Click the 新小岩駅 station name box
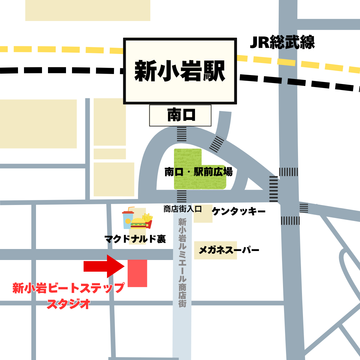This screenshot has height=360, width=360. pyautogui.click(x=180, y=71)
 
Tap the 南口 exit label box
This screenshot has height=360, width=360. pyautogui.click(x=180, y=115)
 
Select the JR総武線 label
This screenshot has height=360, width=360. pyautogui.click(x=282, y=42)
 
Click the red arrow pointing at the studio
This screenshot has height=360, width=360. pyautogui.click(x=104, y=266)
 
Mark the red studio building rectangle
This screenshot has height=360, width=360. pyautogui.click(x=137, y=273)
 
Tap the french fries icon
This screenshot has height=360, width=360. pyautogui.click(x=148, y=220)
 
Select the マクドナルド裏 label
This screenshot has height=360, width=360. pyautogui.click(x=135, y=239)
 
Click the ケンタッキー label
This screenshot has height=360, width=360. pyautogui.click(x=239, y=211)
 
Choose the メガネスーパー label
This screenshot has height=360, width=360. pyautogui.click(x=229, y=250)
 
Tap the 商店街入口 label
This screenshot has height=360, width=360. pyautogui.click(x=183, y=209)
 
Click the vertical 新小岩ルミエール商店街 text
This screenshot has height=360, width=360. pyautogui.click(x=182, y=262)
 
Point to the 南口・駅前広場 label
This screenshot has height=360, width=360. pyautogui.click(x=198, y=172)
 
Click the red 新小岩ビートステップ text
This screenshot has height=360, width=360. pyautogui.click(x=68, y=288)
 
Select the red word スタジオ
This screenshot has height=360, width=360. pyautogui.click(x=68, y=304)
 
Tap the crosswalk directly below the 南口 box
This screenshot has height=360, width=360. pyautogui.click(x=182, y=134)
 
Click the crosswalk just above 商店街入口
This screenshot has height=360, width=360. pyautogui.click(x=182, y=196)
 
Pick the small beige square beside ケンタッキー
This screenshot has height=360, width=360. pyautogui.click(x=203, y=214)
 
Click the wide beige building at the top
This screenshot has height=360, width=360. pyautogui.click(x=88, y=10)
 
